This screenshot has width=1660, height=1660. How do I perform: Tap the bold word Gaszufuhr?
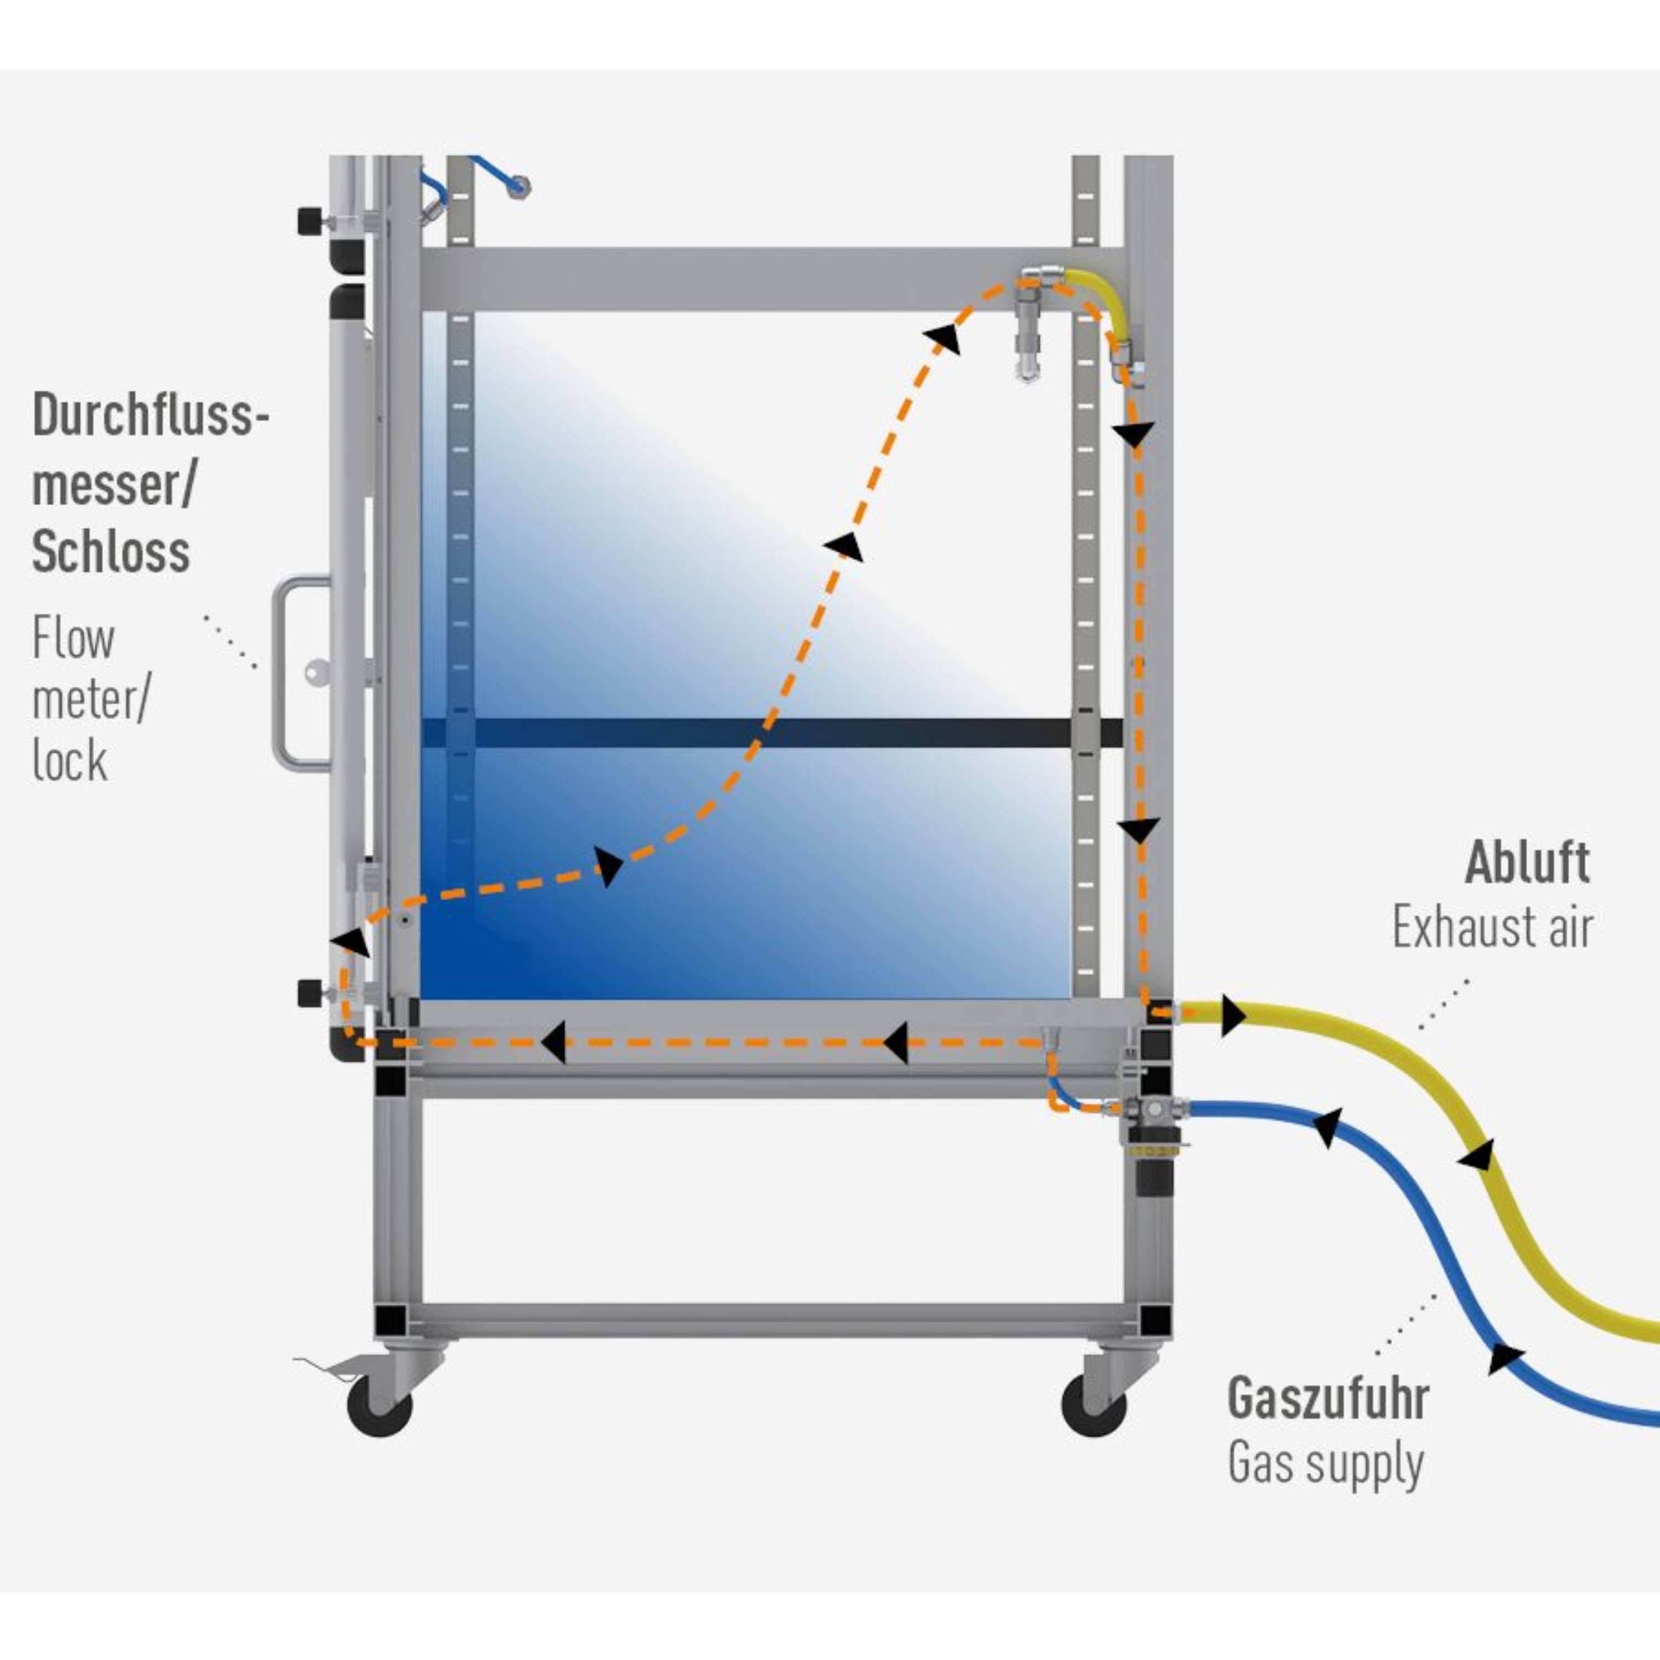click(1327, 1398)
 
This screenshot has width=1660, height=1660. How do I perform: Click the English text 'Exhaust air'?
click(1492, 928)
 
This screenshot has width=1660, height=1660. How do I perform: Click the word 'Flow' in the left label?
click(73, 639)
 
